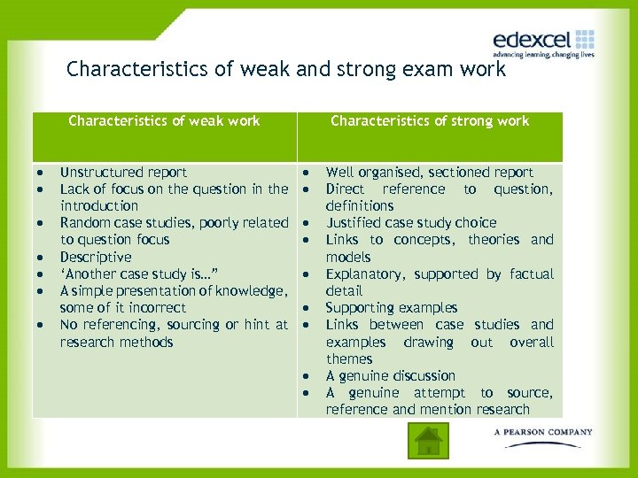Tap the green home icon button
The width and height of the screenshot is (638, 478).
tap(428, 439)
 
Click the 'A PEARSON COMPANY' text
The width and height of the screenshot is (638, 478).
tap(543, 432)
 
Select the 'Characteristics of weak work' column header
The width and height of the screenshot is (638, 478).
tap(164, 121)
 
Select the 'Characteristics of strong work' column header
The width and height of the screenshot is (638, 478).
tap(429, 121)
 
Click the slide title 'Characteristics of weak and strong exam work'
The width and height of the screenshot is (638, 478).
tap(286, 69)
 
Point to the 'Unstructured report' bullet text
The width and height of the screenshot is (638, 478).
tap(123, 173)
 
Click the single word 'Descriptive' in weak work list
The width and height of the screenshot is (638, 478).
tap(95, 257)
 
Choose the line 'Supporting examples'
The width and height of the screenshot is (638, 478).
tap(391, 308)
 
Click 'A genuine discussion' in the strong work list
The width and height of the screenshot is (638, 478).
tap(390, 375)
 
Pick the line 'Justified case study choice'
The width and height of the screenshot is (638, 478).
tap(410, 223)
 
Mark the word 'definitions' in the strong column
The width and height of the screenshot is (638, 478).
tap(359, 206)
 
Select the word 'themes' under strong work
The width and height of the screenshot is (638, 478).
tap(349, 358)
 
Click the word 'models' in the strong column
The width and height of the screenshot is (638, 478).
tap(348, 257)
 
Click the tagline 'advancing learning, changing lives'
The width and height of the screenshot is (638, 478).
tap(543, 55)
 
